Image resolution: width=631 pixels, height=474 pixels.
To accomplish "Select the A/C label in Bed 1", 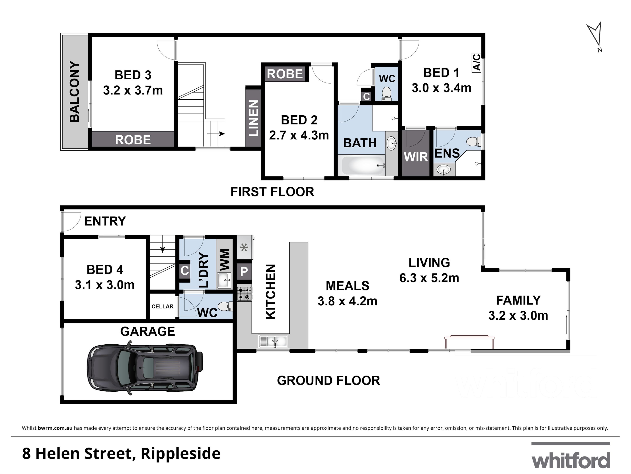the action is (x=477, y=63).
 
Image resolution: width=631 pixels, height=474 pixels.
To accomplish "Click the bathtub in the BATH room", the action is (x=363, y=165).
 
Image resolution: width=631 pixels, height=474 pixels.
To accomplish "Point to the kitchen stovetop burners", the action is (x=244, y=294).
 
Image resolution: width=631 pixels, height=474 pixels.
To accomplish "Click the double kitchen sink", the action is (x=273, y=341).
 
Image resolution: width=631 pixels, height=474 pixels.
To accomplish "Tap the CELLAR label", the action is (x=162, y=306).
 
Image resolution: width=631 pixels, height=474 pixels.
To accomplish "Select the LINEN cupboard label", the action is (x=253, y=118).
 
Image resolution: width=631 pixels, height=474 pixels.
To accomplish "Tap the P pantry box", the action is (x=244, y=272).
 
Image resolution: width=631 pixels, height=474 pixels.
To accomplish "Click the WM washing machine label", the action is (x=225, y=259).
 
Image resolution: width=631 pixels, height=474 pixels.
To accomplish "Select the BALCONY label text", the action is (x=74, y=92).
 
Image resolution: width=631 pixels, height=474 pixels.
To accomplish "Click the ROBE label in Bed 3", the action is (x=133, y=140).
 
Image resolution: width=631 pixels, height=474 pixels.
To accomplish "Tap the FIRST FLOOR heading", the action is (x=272, y=192).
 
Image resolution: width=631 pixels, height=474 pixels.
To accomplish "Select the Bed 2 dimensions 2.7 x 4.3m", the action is (x=299, y=135).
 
